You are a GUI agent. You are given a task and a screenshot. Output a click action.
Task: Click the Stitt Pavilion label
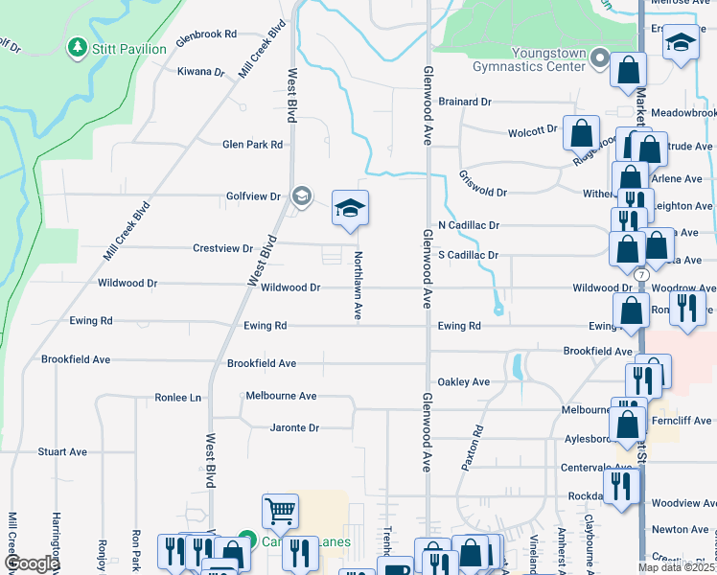click(130, 48)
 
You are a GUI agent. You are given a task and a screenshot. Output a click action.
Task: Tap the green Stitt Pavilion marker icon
click(77, 47)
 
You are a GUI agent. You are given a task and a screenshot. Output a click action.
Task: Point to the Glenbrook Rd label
click(206, 34)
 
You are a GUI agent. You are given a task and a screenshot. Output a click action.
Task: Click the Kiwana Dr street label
click(201, 72)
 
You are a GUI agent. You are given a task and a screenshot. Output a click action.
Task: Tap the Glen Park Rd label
click(252, 145)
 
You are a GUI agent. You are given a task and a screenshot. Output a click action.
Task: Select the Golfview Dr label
click(253, 196)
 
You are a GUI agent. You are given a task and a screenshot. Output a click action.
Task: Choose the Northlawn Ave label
click(358, 286)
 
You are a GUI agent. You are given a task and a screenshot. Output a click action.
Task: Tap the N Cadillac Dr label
click(469, 225)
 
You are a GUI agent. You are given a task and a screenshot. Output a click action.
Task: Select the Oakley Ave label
click(464, 381)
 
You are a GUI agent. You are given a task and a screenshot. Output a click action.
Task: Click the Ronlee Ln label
click(178, 397)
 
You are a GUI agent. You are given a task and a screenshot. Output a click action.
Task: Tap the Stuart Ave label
click(62, 451)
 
